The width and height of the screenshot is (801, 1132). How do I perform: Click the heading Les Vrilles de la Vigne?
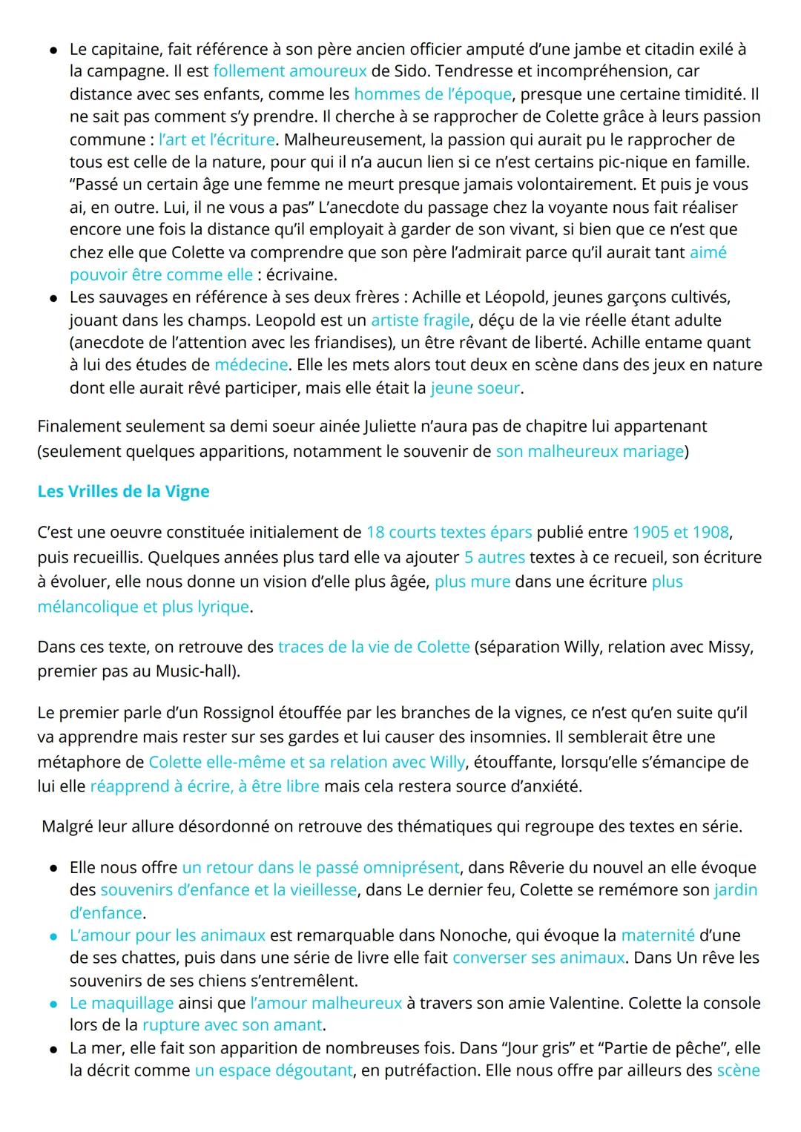[x=123, y=492]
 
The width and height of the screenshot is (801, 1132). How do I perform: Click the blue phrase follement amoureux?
[x=289, y=71]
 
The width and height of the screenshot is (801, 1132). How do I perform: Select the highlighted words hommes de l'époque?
[x=432, y=94]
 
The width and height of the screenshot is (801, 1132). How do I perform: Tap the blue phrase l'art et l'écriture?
[x=217, y=139]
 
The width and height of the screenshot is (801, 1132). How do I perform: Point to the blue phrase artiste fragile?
[x=420, y=320]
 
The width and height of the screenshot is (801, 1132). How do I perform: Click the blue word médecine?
[x=251, y=365]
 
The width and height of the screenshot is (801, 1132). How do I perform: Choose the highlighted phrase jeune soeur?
[x=475, y=388]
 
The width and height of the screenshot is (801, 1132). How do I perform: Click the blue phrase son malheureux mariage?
[x=590, y=452]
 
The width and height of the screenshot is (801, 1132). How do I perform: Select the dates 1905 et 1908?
[x=680, y=533]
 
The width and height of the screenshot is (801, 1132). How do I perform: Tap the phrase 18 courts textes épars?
[x=449, y=533]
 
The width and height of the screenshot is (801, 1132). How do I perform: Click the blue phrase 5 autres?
[x=494, y=557]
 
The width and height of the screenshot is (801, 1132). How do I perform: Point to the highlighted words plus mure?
[x=472, y=582]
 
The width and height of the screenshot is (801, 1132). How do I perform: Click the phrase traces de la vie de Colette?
[x=374, y=647]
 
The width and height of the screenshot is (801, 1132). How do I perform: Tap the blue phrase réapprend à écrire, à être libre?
[x=205, y=786]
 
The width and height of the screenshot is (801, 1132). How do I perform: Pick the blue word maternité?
[x=657, y=935]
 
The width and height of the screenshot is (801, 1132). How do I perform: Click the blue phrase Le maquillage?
[x=122, y=1003]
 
